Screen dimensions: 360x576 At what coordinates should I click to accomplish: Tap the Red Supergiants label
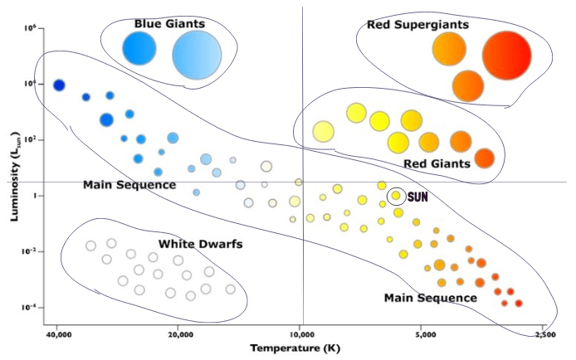click(x=417, y=24)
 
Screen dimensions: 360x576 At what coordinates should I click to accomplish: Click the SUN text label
click(x=417, y=197)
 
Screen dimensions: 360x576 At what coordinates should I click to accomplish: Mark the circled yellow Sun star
click(x=397, y=196)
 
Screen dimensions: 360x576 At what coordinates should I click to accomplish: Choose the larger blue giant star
click(x=197, y=53)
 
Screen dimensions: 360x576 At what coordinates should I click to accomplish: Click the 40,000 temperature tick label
click(x=56, y=336)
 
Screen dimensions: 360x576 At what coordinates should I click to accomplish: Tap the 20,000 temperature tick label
click(x=179, y=336)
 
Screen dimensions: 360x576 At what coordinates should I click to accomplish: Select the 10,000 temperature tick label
click(x=302, y=336)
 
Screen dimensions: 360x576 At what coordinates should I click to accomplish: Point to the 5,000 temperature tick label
click(x=424, y=336)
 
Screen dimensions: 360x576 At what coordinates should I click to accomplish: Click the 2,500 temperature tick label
click(x=545, y=336)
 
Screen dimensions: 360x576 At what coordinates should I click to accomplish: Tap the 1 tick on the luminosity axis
click(x=30, y=196)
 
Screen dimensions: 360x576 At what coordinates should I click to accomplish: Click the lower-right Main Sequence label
click(x=430, y=297)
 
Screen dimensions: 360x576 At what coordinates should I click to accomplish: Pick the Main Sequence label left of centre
click(x=129, y=184)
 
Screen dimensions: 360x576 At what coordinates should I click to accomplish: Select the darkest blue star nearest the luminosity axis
click(x=59, y=85)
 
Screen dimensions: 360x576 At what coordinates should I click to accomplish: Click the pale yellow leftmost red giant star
click(x=323, y=131)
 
